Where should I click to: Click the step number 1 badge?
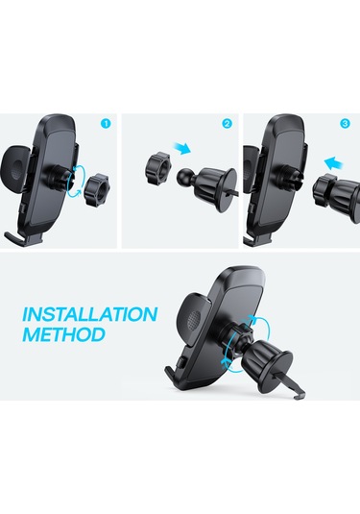click(x=105, y=124)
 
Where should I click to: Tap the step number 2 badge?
click(x=228, y=124)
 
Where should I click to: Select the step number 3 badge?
click(x=346, y=124)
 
